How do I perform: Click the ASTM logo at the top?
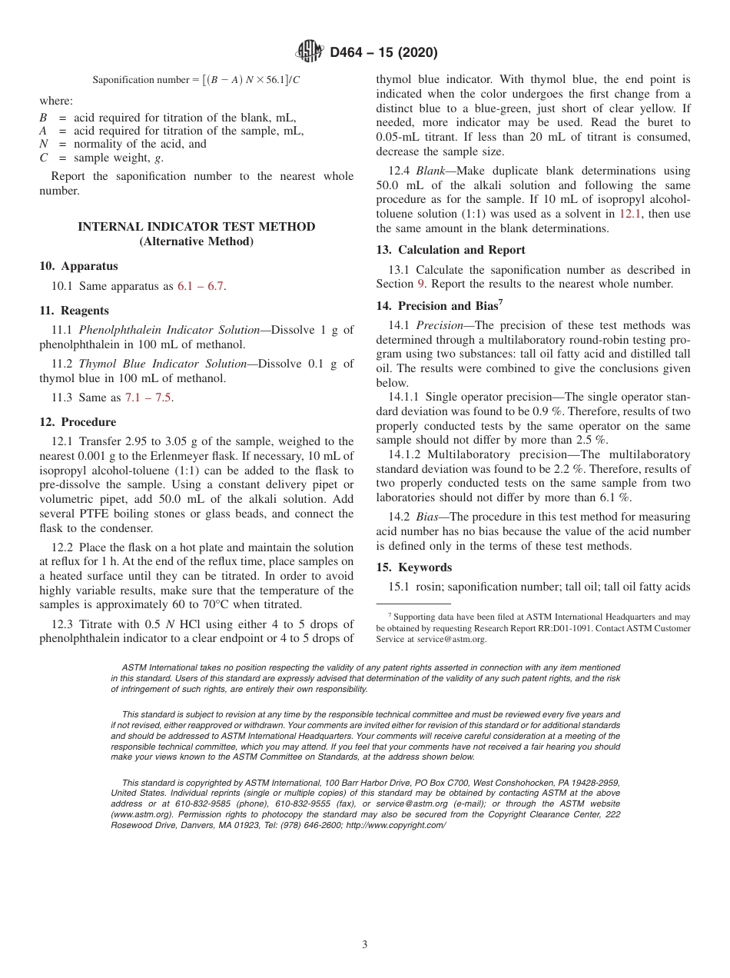(x=310, y=52)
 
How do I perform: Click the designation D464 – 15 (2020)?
(x=383, y=53)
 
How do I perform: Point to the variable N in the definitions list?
(x=44, y=144)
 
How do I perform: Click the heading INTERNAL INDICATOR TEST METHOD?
(x=197, y=227)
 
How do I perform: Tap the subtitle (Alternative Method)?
(x=197, y=241)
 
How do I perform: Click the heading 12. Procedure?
(x=78, y=422)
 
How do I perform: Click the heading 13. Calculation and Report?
(x=450, y=250)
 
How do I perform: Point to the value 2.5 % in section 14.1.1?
(x=591, y=441)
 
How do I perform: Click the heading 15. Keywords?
(x=413, y=567)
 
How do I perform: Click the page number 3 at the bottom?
(x=365, y=945)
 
